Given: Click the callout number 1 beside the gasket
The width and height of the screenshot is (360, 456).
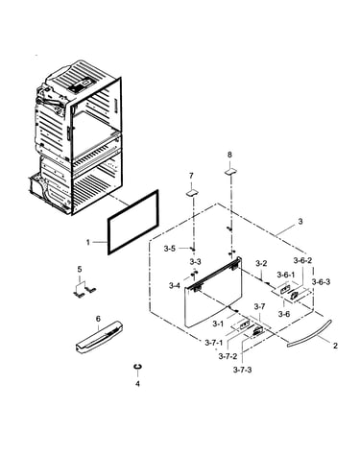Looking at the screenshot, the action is tap(88, 242).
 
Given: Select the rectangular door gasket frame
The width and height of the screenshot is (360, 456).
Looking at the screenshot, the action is tap(108, 237).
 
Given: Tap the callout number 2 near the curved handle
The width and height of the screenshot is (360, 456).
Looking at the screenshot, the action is tap(335, 346).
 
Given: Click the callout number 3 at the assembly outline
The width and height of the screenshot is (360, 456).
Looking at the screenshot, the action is tap(300, 221).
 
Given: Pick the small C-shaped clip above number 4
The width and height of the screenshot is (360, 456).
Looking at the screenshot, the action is tap(137, 367).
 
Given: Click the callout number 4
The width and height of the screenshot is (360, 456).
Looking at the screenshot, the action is tap(137, 383).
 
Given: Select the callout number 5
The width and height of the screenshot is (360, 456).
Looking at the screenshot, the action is tap(80, 270).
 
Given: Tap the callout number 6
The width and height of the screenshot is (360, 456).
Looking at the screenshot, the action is tap(98, 319).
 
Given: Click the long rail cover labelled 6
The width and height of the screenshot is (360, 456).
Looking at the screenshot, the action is tap(99, 338).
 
